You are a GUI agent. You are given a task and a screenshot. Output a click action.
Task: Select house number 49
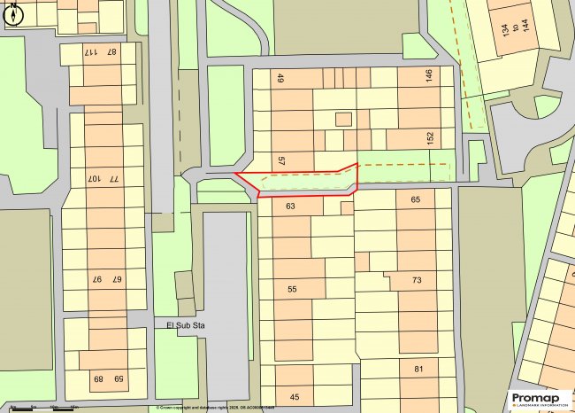point(280,80)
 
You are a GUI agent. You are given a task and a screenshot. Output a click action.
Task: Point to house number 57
point(280,160)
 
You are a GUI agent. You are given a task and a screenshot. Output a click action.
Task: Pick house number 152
point(430,139)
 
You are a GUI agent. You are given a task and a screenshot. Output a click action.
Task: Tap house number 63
point(290,206)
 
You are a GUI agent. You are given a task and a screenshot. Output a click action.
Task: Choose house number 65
point(416,200)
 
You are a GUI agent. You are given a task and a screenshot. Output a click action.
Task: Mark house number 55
point(293,290)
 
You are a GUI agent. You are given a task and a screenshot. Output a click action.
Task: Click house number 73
point(418,281)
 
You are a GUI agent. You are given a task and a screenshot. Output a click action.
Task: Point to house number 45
point(295,396)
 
